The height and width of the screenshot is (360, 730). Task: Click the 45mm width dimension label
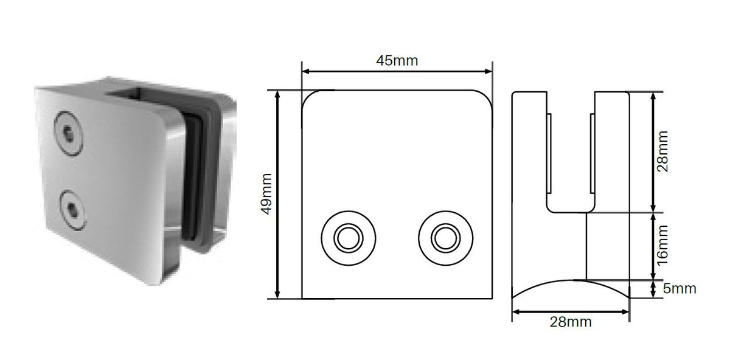click(x=397, y=61)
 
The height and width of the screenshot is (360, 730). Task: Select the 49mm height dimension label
click(x=266, y=195)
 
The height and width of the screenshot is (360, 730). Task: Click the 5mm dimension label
click(x=680, y=289)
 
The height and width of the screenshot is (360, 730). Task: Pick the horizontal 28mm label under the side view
click(x=571, y=322)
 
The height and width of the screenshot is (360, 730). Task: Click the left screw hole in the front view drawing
click(x=349, y=238)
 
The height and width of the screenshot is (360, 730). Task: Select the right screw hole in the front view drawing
click(x=445, y=238)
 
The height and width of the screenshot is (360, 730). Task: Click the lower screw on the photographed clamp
click(x=72, y=209)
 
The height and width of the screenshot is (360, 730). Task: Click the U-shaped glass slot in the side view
click(x=571, y=158)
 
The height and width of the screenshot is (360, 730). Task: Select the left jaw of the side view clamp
click(x=531, y=152)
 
